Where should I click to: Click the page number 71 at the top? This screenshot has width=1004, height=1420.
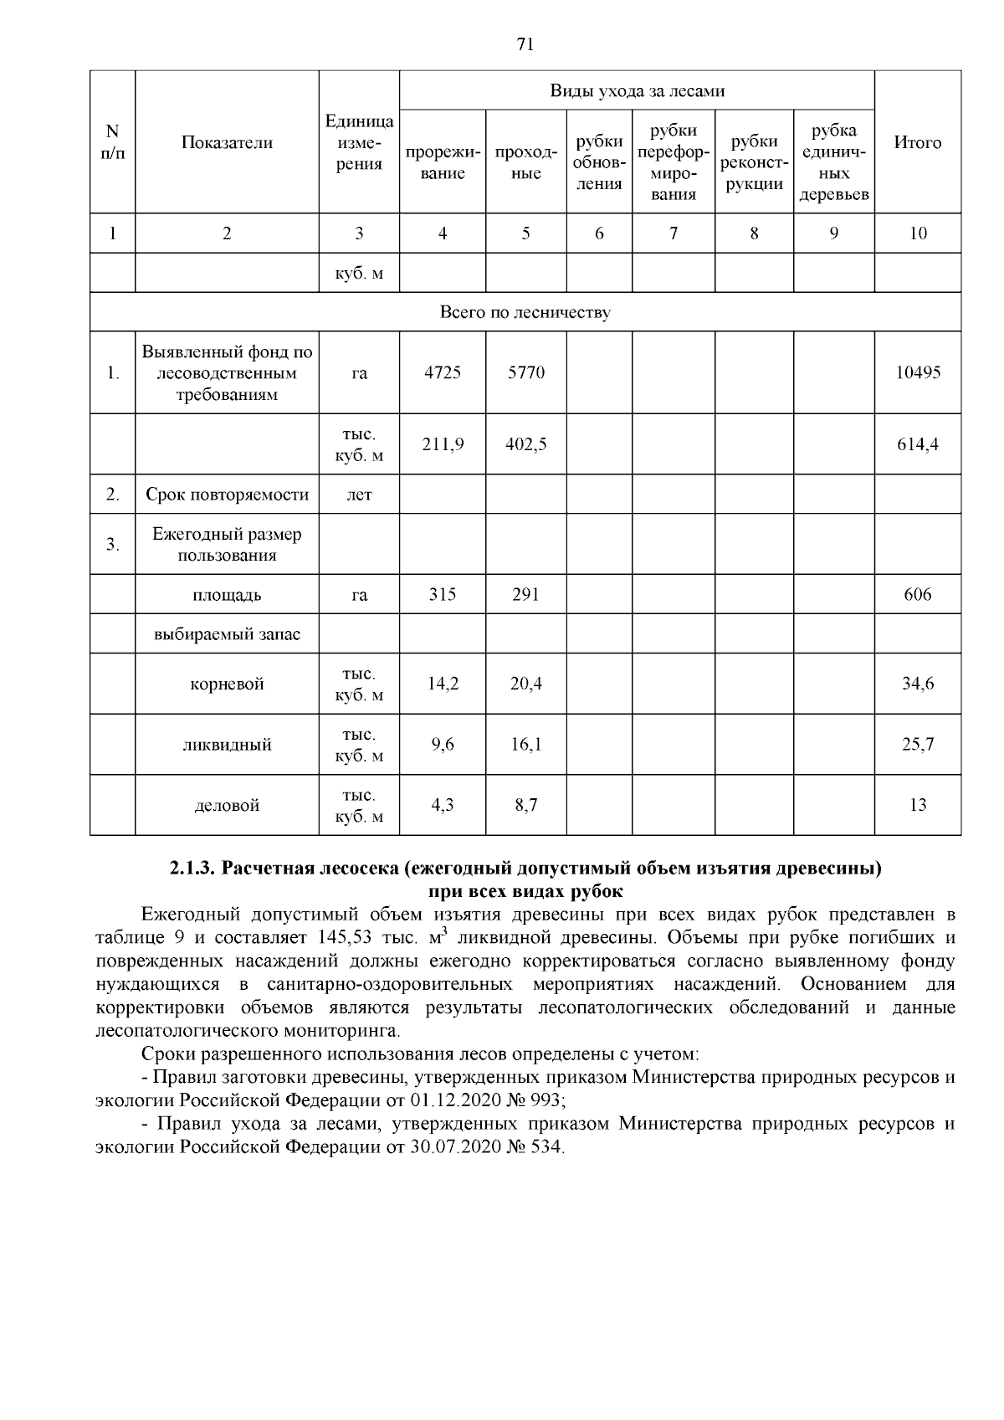(x=525, y=45)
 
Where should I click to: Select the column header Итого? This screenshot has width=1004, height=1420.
(x=917, y=142)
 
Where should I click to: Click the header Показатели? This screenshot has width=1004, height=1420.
(x=227, y=142)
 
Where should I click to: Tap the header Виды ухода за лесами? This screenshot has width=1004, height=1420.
(x=637, y=90)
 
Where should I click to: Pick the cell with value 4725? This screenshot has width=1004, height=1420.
(x=442, y=372)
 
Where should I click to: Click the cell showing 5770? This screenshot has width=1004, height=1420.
(x=525, y=372)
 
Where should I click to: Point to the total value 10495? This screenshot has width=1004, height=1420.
(x=917, y=372)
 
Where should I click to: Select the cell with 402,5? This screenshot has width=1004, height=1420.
(x=525, y=444)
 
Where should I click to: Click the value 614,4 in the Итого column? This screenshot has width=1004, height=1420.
(x=917, y=444)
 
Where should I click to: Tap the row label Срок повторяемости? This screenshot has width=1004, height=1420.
(x=227, y=495)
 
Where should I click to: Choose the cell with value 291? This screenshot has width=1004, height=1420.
(x=525, y=595)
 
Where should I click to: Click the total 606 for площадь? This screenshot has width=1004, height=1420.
(x=917, y=595)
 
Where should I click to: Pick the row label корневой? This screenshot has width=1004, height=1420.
(x=227, y=684)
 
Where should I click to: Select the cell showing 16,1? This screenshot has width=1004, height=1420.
(x=525, y=745)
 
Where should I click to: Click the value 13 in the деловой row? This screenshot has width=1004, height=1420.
(x=917, y=805)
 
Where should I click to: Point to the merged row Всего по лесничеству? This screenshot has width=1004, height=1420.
(x=525, y=312)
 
